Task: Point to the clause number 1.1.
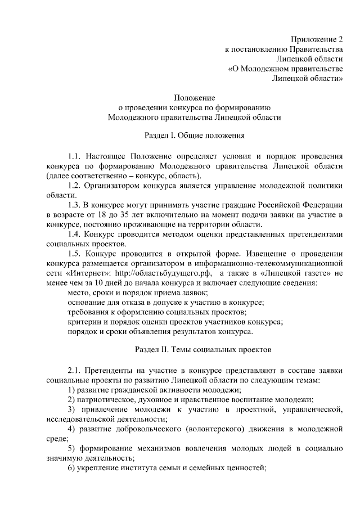pyautogui.click(x=75, y=155)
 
